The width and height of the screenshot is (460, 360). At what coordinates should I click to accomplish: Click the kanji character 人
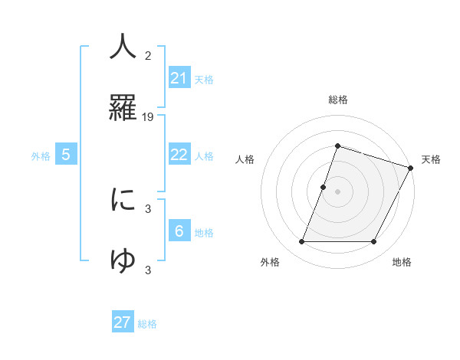123,47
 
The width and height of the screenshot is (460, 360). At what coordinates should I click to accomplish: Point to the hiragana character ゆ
123,261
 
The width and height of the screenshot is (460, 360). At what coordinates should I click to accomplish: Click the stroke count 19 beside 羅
148,117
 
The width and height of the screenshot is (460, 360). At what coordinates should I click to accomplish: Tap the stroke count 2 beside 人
148,56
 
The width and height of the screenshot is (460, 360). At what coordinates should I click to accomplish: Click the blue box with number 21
179,78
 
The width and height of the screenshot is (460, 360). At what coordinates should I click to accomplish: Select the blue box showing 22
179,155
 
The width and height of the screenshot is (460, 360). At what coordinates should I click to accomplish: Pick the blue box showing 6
179,231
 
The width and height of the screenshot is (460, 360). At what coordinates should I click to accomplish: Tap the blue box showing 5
66,155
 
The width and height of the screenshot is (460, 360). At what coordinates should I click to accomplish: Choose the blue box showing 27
123,322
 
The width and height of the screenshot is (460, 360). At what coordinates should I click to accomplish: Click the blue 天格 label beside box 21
204,80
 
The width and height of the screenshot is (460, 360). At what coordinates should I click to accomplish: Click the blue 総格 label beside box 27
147,324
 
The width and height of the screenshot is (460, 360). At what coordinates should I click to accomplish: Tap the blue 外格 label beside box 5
41,156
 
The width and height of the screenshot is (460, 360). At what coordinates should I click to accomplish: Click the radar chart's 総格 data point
337,146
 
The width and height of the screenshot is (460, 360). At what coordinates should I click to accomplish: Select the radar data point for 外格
301,242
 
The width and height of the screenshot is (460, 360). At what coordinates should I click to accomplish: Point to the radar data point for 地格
373,242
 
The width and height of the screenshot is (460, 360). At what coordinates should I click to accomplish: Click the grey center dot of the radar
337,191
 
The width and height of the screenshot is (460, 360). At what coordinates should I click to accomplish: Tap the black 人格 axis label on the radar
245,159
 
